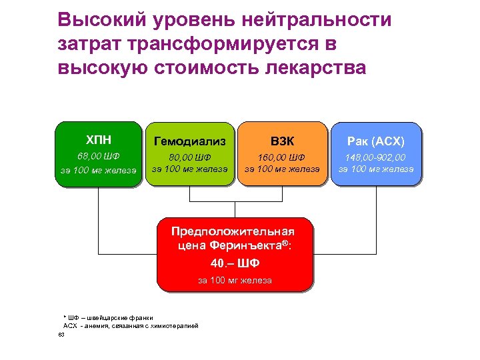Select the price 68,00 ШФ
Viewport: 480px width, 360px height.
pos(99,157)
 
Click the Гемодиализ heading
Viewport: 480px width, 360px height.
pos(190,141)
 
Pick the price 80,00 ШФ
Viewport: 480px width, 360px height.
pos(190,158)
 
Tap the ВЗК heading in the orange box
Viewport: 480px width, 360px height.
pos(283,141)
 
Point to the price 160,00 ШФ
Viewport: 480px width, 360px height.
pos(283,157)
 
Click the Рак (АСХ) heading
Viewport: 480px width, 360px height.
pos(375,141)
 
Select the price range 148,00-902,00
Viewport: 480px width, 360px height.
pos(375,157)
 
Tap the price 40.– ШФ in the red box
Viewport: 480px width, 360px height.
pos(235,263)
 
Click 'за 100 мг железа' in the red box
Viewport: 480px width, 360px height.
pos(235,281)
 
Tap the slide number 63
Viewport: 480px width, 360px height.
pos(61,335)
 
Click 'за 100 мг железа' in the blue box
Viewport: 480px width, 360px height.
pos(375,169)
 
